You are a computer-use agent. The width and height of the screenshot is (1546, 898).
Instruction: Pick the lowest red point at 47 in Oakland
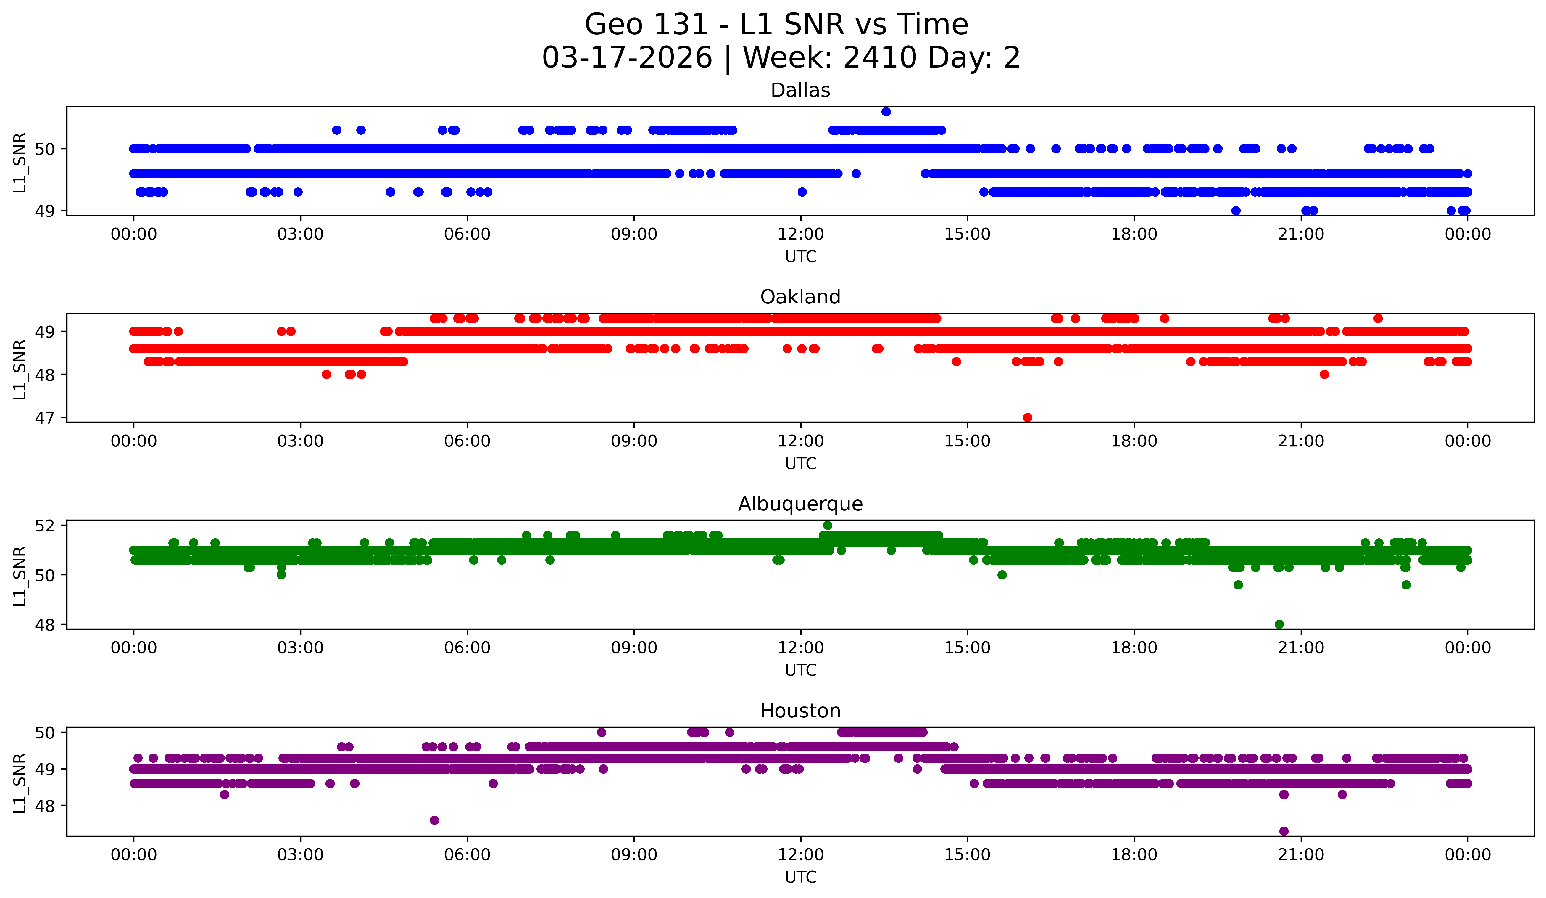point(1028,417)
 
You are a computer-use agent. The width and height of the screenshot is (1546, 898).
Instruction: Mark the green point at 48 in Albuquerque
point(1279,624)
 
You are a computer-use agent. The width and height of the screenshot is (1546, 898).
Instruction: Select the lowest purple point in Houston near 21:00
point(1284,831)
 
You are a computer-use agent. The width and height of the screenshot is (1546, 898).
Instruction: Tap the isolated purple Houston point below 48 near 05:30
point(434,820)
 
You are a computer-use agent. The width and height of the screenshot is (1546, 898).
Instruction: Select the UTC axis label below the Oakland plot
point(801,463)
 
